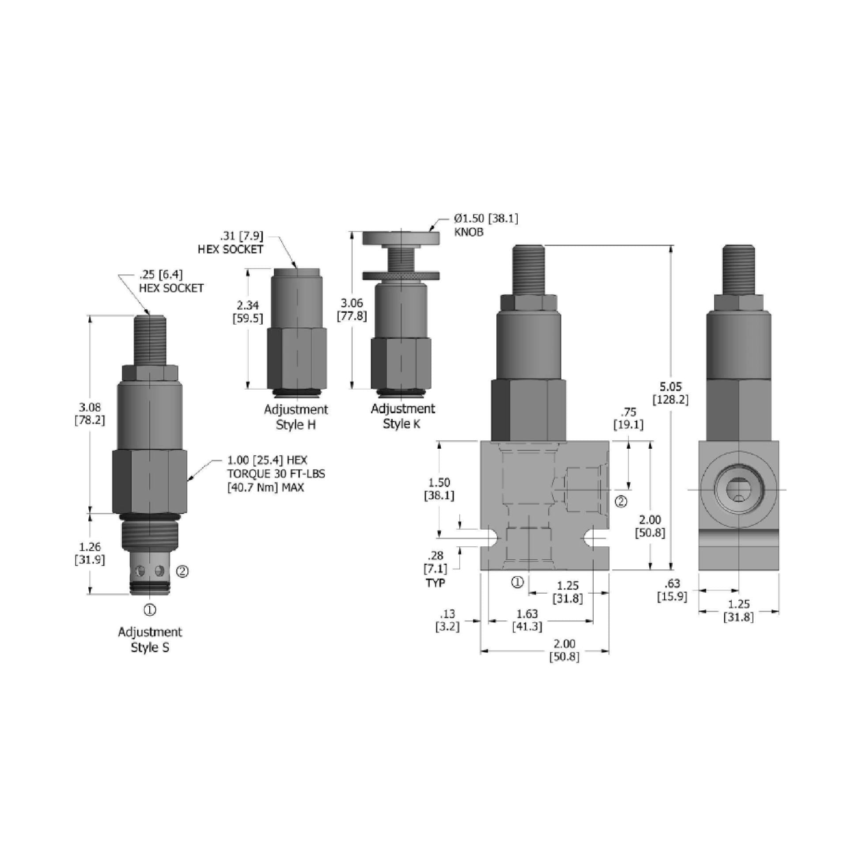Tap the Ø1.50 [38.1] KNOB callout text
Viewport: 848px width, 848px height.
pyautogui.click(x=486, y=225)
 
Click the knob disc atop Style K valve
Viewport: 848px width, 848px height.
pyautogui.click(x=401, y=238)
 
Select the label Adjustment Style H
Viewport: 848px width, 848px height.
pyautogui.click(x=296, y=417)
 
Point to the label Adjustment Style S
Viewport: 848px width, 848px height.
pyautogui.click(x=150, y=640)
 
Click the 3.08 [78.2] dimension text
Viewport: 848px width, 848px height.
pyautogui.click(x=90, y=413)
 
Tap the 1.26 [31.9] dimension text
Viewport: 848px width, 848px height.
pyautogui.click(x=90, y=553)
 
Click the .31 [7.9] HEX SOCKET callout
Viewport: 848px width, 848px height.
pyautogui.click(x=231, y=242)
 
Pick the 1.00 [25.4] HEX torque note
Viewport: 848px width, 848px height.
pyautogui.click(x=276, y=474)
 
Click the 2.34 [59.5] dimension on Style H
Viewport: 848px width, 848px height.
pyautogui.click(x=248, y=311)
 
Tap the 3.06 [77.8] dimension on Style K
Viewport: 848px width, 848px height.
pyautogui.click(x=352, y=309)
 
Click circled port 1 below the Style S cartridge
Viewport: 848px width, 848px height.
pyautogui.click(x=150, y=610)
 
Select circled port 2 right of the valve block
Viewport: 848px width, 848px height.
pyautogui.click(x=621, y=502)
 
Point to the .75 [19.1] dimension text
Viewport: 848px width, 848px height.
pyautogui.click(x=628, y=418)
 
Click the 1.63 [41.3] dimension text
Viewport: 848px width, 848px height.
pyautogui.click(x=527, y=620)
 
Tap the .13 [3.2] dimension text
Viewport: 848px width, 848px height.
pyautogui.click(x=447, y=620)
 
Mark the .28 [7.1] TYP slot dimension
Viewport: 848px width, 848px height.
pyautogui.click(x=435, y=568)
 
